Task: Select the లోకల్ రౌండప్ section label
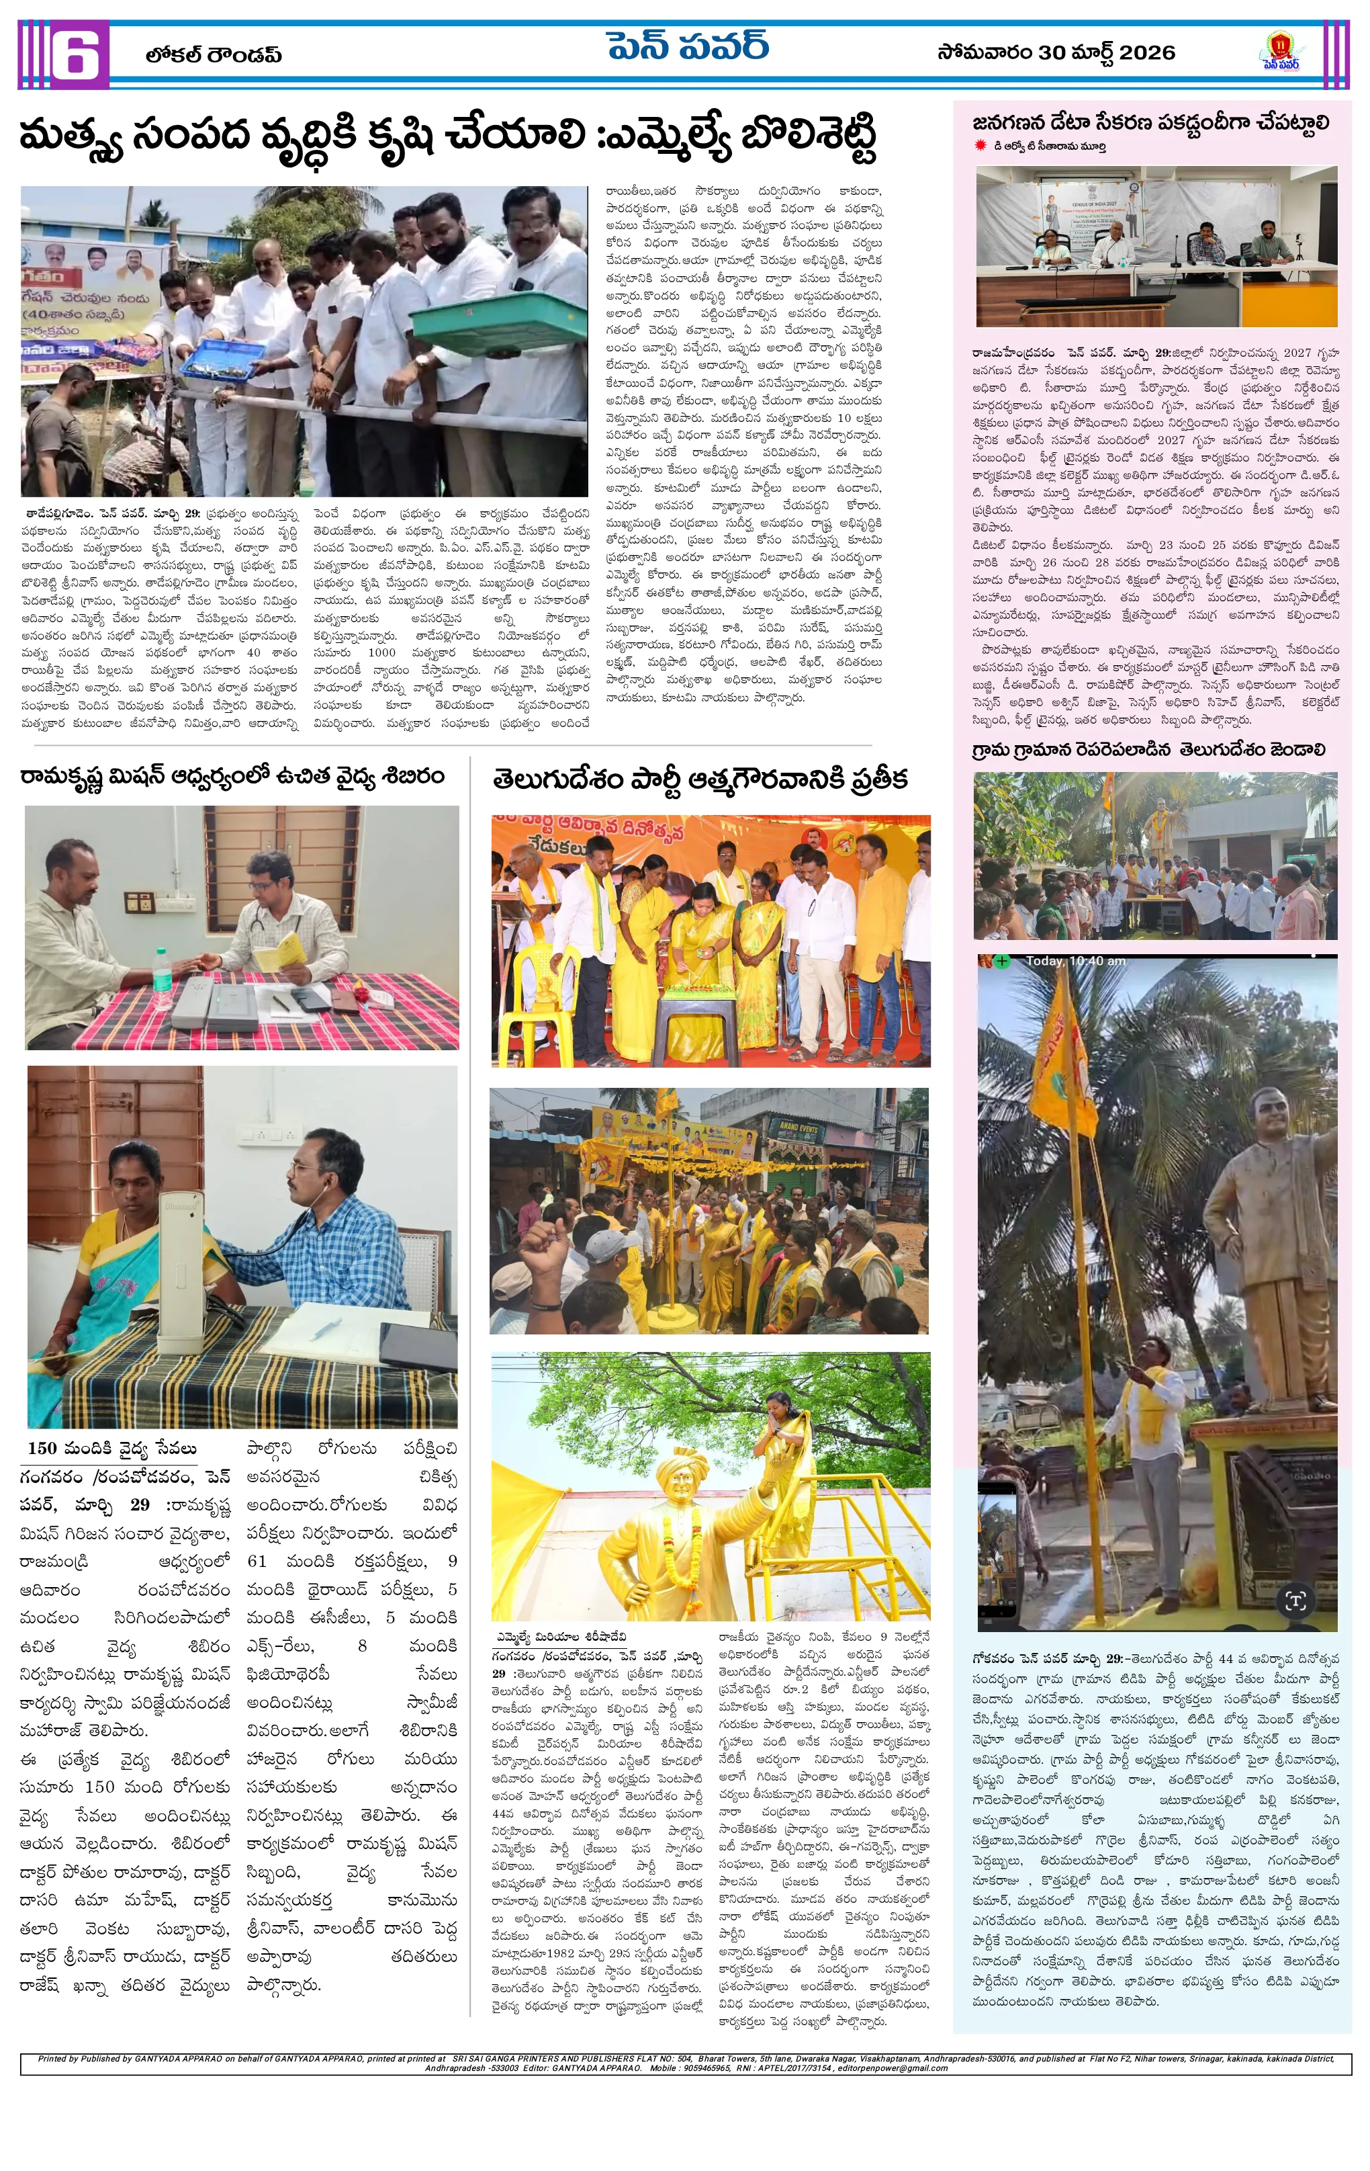214,55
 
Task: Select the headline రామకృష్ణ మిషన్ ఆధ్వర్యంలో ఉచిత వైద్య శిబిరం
232,776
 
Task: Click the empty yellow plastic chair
547,1001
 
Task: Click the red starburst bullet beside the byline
980,145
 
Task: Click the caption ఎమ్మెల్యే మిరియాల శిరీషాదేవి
559,1635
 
